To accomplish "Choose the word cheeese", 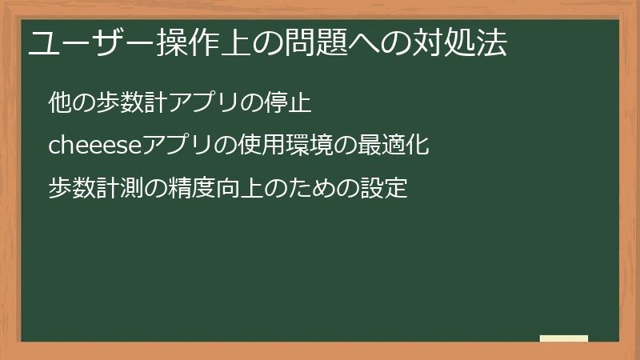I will click(x=94, y=146).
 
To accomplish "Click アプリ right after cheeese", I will click(x=174, y=146).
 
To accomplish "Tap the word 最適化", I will click(x=395, y=146).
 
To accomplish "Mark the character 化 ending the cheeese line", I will click(x=418, y=146).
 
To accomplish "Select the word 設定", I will click(x=385, y=190).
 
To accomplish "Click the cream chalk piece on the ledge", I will click(x=564, y=338).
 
